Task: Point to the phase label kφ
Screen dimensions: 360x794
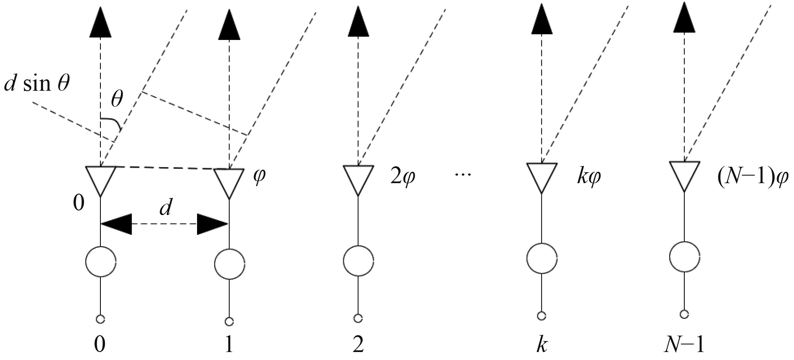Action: tap(589, 177)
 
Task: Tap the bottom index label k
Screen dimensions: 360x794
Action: tap(542, 345)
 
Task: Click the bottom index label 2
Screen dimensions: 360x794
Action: tap(358, 345)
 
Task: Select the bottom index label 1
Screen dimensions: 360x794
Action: tap(229, 345)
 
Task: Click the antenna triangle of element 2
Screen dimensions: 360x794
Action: tap(358, 179)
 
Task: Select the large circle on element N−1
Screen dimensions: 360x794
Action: tap(684, 257)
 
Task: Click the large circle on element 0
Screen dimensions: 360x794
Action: tap(100, 261)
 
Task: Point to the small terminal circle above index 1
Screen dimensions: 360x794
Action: tap(229, 322)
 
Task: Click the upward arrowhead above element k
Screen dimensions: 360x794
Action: tap(542, 21)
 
